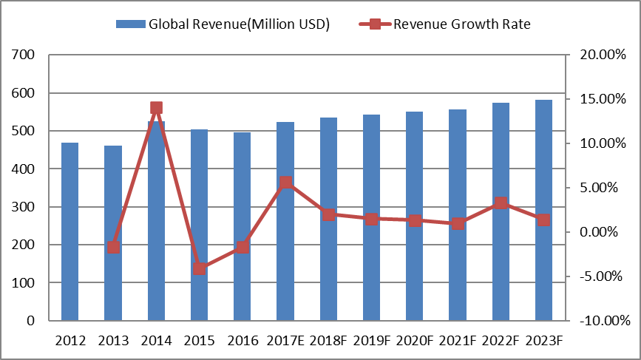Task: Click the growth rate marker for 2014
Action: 156,108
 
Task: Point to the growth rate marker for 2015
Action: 199,268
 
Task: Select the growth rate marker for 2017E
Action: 285,183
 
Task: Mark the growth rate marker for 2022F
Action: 501,203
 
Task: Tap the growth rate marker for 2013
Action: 113,247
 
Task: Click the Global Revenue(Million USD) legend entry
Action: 239,24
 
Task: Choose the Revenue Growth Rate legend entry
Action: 461,24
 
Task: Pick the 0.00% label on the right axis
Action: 601,232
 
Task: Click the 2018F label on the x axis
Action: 329,341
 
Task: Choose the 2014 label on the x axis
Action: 156,341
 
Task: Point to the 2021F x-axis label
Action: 458,341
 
